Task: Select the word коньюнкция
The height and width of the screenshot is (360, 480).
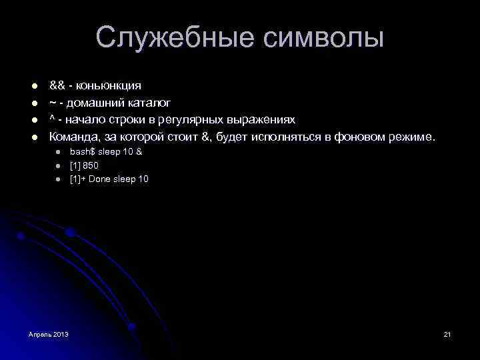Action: [109, 85]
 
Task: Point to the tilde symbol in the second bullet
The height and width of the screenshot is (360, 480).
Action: [51, 103]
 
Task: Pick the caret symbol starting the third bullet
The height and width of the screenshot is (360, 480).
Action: [51, 119]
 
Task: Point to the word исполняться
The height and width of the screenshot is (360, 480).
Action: [286, 137]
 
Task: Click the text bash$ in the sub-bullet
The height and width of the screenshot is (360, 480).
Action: [83, 152]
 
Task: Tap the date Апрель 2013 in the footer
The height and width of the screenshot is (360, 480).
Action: [49, 333]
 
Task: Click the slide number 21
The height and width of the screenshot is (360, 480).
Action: [447, 333]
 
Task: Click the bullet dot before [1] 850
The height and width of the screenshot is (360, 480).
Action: [58, 166]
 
